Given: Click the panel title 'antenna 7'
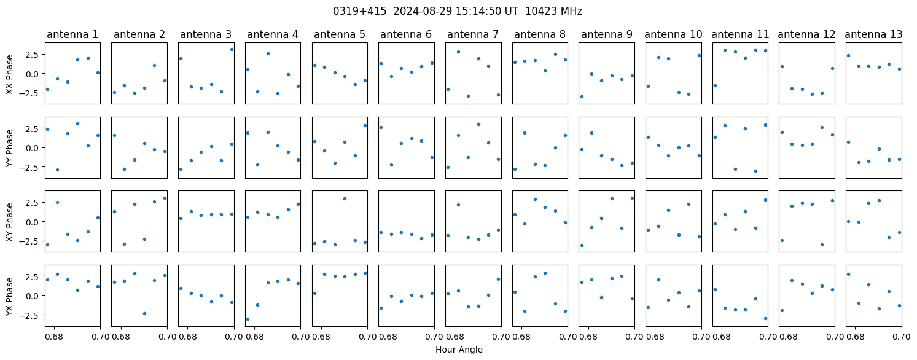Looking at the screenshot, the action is click(473, 35).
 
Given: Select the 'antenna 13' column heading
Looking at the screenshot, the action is click(873, 35).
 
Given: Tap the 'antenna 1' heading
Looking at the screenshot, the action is click(72, 35).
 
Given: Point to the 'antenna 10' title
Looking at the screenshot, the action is click(673, 35).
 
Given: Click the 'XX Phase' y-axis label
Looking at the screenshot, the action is click(9, 74).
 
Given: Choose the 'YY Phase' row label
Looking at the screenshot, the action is click(9, 148).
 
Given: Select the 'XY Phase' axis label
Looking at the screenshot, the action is click(9, 222).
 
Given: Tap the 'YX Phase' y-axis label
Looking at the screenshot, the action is click(9, 296).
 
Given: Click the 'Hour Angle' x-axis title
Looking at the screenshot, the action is click(459, 350).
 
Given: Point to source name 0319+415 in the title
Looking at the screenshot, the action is click(359, 11).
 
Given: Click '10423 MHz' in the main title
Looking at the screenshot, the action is click(553, 11).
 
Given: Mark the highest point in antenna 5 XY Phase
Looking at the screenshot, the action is click(345, 198).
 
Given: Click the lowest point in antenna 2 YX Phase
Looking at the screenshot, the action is click(144, 314).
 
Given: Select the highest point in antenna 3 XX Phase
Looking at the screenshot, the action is click(232, 50).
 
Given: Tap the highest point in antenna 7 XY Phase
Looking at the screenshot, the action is click(458, 205).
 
